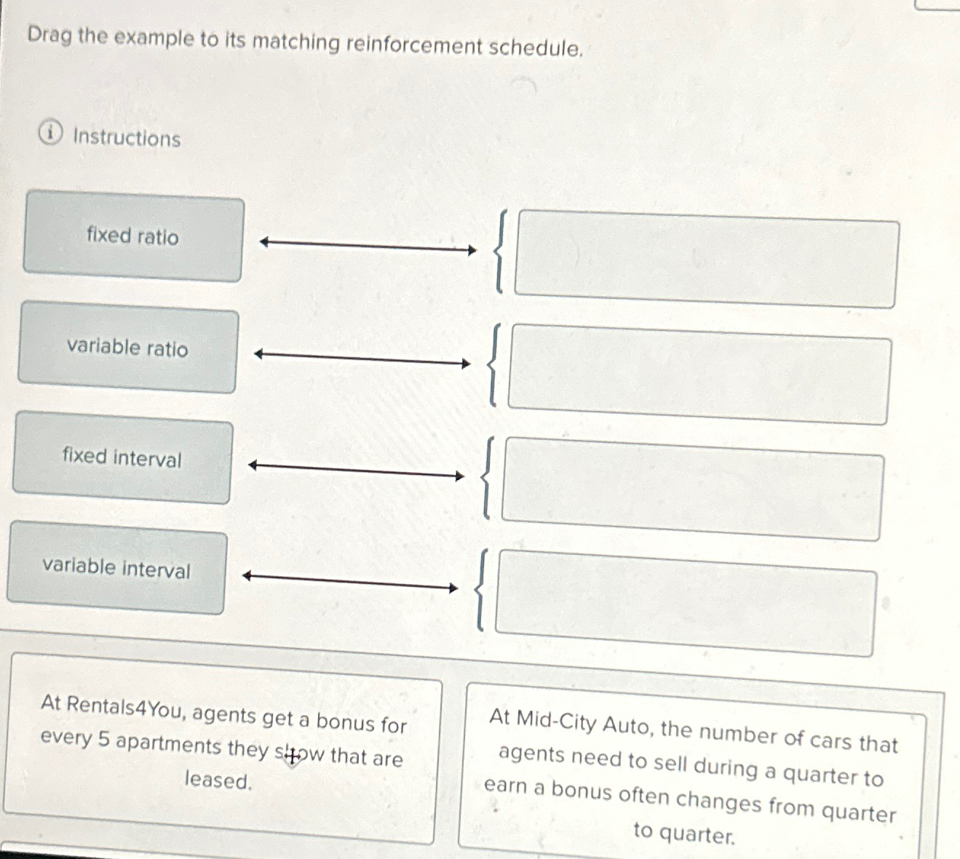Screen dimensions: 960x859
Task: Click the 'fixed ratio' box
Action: tap(132, 236)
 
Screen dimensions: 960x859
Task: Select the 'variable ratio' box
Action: tap(127, 348)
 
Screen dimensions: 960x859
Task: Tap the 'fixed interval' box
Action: tap(122, 458)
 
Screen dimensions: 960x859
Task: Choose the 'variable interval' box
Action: tap(116, 568)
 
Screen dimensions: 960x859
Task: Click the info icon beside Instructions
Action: tap(49, 134)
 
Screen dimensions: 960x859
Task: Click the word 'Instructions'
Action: tap(127, 137)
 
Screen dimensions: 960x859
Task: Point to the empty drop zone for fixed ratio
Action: tap(706, 260)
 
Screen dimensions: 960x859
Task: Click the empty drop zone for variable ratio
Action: tap(699, 375)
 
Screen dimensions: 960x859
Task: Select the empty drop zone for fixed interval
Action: tap(693, 489)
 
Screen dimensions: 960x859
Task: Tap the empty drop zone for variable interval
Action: tap(686, 604)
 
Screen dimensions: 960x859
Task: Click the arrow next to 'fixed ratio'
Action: tap(368, 247)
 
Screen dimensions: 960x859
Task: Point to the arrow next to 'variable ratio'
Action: tap(362, 359)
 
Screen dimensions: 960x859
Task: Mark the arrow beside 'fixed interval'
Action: tap(357, 471)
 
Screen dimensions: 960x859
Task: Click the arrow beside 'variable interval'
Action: tap(350, 582)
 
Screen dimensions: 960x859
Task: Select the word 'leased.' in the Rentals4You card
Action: tap(218, 780)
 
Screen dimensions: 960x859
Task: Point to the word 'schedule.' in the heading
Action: tap(536, 48)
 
